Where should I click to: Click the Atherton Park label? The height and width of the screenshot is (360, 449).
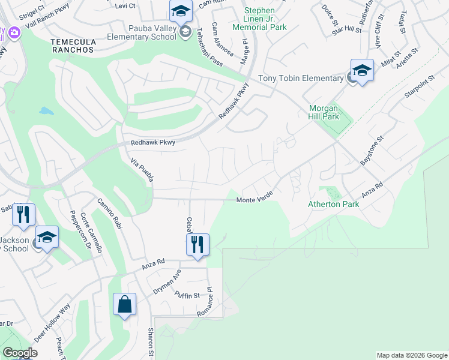(x=333, y=204)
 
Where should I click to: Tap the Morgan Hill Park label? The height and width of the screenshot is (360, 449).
(x=324, y=112)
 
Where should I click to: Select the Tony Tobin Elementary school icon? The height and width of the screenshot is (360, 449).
(x=362, y=71)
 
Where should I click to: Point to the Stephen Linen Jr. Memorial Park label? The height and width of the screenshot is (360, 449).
(x=260, y=19)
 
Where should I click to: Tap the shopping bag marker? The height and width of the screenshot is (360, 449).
(x=124, y=304)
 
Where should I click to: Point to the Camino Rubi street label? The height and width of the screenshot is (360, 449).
(x=110, y=214)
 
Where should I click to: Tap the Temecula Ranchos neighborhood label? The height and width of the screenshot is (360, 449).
(x=73, y=46)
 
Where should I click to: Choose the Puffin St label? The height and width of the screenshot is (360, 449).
(x=188, y=295)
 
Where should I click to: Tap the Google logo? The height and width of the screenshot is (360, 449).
(x=19, y=353)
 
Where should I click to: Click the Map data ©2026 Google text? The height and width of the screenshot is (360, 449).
(x=412, y=355)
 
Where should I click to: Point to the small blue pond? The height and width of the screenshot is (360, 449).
(x=46, y=111)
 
